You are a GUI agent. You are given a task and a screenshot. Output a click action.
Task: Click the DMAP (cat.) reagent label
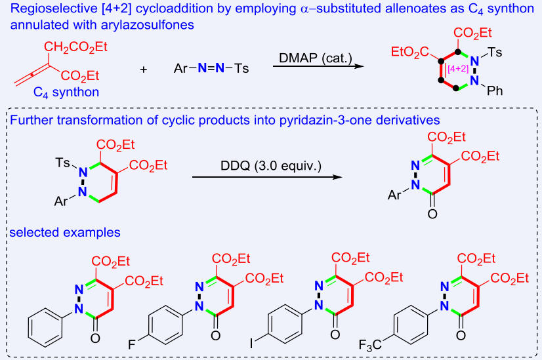tap(313, 58)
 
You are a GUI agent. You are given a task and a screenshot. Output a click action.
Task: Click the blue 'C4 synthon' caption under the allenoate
tap(66, 92)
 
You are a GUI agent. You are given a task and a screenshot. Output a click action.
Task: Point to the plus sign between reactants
tap(144, 69)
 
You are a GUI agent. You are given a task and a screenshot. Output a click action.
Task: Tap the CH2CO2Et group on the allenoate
tap(76, 46)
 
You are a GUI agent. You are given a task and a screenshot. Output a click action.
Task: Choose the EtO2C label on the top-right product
tap(411, 51)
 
